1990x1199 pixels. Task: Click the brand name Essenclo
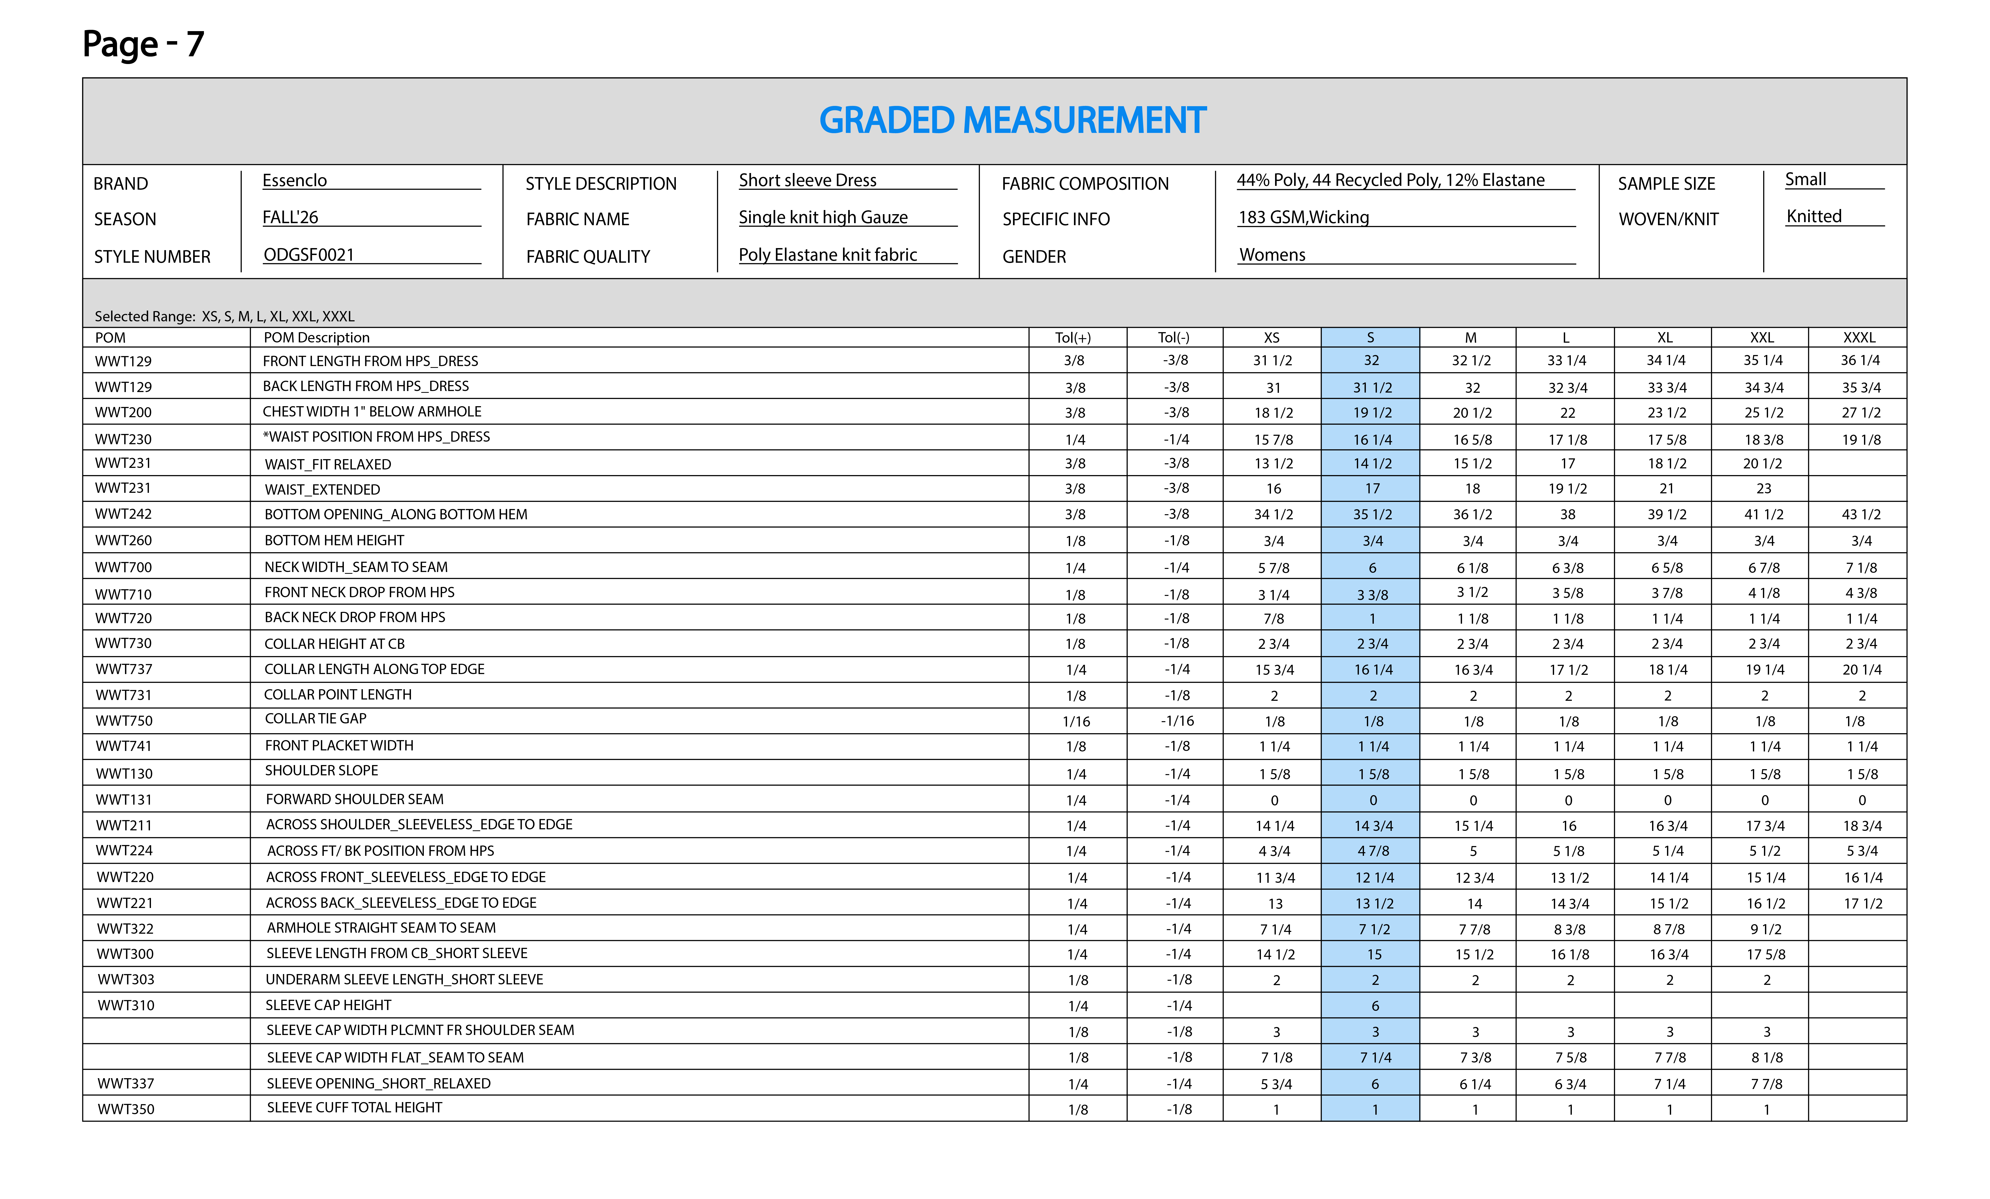[295, 180]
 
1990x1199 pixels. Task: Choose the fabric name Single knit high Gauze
[823, 217]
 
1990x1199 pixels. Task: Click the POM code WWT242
[123, 514]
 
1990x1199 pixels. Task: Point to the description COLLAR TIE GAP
[316, 719]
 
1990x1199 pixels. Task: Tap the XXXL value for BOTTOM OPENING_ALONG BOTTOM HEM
[1861, 514]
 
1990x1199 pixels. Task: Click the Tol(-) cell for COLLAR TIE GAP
[1177, 721]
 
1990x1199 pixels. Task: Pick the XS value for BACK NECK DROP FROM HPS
[1274, 619]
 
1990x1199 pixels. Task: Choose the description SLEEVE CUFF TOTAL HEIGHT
[355, 1108]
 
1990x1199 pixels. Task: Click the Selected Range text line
[225, 316]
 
